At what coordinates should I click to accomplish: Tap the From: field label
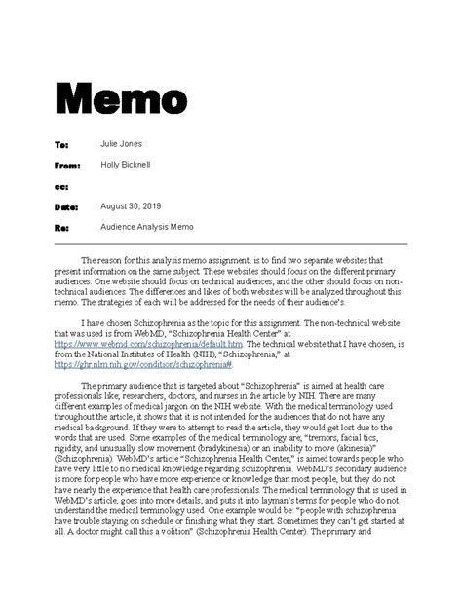click(65, 166)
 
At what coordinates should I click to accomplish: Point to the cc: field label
click(60, 186)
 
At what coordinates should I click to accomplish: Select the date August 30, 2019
click(132, 206)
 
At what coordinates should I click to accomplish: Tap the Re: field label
click(60, 228)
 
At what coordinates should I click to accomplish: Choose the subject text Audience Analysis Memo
click(147, 227)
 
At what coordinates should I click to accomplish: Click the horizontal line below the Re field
click(230, 243)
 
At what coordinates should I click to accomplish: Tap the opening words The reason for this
click(114, 261)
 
